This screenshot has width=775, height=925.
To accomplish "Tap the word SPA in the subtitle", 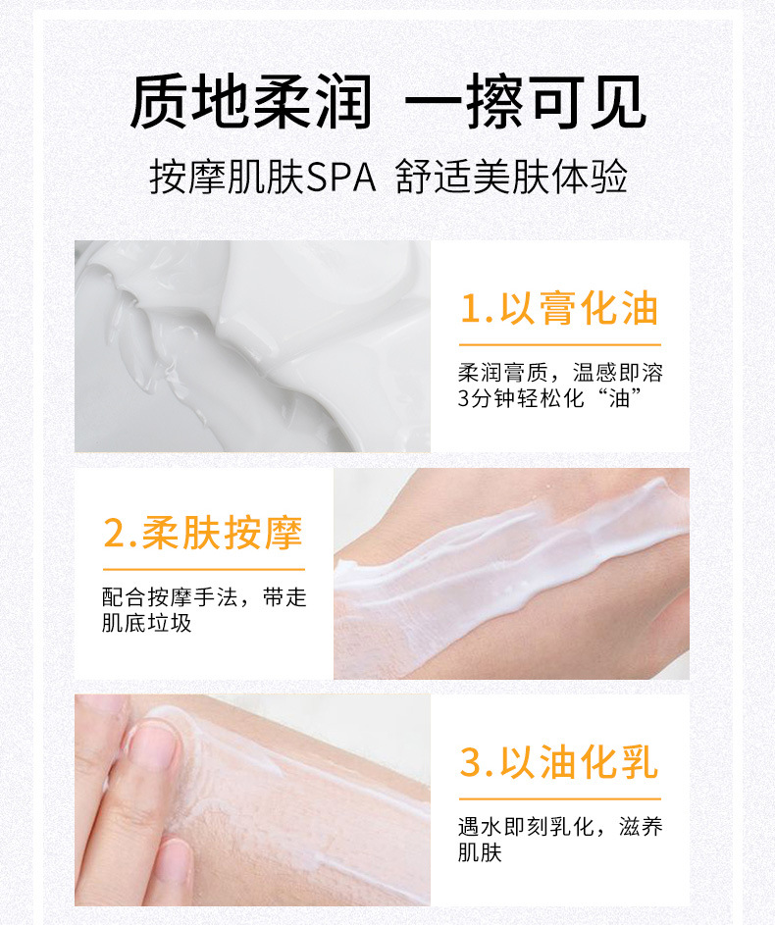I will pyautogui.click(x=342, y=178).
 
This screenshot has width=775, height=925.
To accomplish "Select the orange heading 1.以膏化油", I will pyautogui.click(x=559, y=309).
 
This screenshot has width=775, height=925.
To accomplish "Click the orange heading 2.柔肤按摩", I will pyautogui.click(x=203, y=533).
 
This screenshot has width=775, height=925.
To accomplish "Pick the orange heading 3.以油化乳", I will pyautogui.click(x=559, y=762).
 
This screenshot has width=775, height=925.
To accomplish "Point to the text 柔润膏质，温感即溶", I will pyautogui.click(x=560, y=374).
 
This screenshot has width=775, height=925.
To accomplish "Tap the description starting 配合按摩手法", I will pyautogui.click(x=204, y=597).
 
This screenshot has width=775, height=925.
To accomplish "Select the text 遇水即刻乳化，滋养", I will pyautogui.click(x=560, y=827).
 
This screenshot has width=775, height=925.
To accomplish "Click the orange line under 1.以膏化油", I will pyautogui.click(x=559, y=345).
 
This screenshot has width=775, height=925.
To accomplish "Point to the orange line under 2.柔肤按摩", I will pyautogui.click(x=203, y=569).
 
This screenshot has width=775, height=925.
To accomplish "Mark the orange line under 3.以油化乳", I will pyautogui.click(x=559, y=797).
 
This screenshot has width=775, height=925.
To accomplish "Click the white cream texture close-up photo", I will pyautogui.click(x=252, y=345).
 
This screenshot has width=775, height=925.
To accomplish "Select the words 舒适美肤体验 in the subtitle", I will pyautogui.click(x=511, y=178).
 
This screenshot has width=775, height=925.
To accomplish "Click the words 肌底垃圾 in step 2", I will pyautogui.click(x=147, y=624).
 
